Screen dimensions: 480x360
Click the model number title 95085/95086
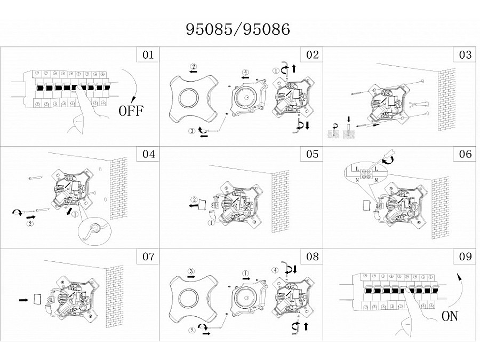238,29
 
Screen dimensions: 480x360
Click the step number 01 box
148,55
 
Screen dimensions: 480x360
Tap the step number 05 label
312,154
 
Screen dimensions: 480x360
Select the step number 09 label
465,256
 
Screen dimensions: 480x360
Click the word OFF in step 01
131,110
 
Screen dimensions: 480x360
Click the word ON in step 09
450,316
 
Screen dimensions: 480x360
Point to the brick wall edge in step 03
446,100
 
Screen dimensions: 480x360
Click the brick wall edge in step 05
280,202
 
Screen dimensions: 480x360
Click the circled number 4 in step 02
245,73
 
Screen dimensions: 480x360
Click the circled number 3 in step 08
191,271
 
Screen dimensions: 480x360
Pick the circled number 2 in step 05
194,200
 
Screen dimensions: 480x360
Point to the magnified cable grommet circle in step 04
95,231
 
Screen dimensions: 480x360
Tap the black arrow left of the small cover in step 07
23,300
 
